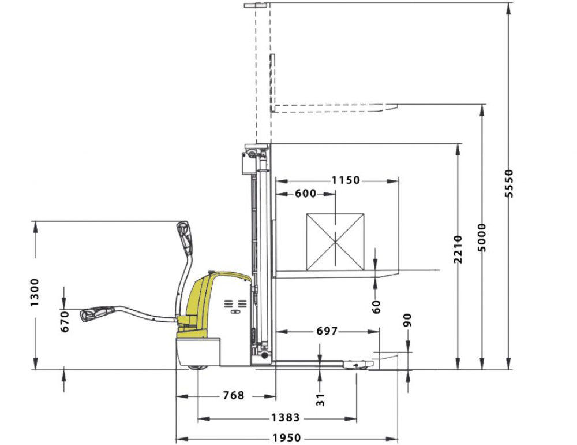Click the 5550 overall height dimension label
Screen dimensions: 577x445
pos(509,184)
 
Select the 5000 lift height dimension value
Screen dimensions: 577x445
pos(482,238)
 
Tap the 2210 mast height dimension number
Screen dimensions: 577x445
pos(458,249)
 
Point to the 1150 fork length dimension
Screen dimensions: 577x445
pos(346,180)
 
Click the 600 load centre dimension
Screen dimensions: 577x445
pos(305,194)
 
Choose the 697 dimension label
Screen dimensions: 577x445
pos(327,331)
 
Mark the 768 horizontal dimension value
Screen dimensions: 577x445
pos(233,396)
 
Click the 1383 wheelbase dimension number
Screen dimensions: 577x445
pos(286,418)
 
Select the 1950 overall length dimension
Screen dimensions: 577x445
pos(287,438)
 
